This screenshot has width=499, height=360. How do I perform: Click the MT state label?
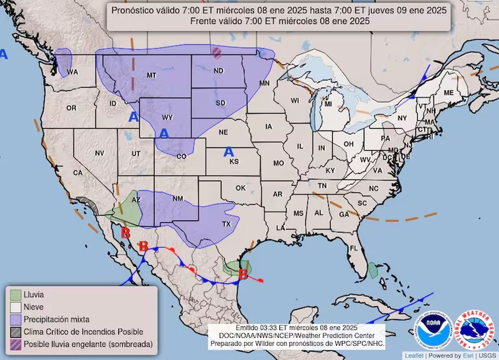[x=151, y=75]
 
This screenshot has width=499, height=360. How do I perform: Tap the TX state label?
[x=226, y=224]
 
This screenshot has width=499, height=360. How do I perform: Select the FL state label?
[x=354, y=248]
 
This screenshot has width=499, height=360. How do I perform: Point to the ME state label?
[x=449, y=93]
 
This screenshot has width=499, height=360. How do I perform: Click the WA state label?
[x=73, y=72]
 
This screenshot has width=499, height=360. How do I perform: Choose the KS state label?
[x=234, y=161]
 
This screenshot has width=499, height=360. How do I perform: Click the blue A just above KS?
[x=228, y=152]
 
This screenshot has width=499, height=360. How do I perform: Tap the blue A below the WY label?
[x=164, y=133]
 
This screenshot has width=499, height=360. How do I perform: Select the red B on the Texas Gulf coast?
[x=243, y=274]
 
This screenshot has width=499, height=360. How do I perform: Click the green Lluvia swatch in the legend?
[x=16, y=295]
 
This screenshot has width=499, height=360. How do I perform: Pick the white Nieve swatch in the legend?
[x=16, y=307]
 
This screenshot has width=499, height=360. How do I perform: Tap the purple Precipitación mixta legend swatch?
[x=16, y=319]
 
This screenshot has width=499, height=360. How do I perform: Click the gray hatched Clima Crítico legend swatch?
[x=16, y=332]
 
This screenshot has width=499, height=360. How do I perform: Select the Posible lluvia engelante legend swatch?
[x=16, y=344]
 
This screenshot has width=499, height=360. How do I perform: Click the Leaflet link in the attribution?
[x=415, y=356]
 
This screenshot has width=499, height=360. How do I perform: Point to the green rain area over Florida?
[x=373, y=270]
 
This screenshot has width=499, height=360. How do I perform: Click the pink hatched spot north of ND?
[x=217, y=52]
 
